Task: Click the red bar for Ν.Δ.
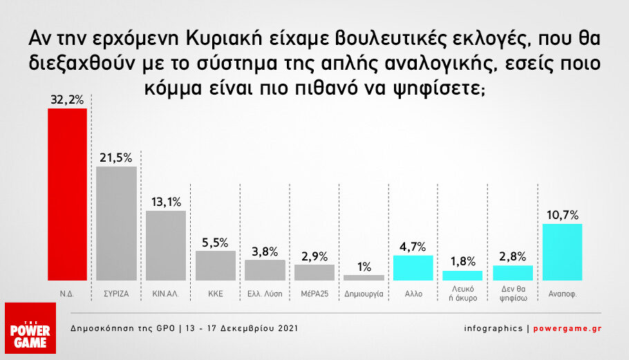pyautogui.click(x=68, y=194)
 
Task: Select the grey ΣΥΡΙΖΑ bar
pyautogui.click(x=116, y=223)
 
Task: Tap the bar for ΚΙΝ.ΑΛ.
pyautogui.click(x=166, y=246)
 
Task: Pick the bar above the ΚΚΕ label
pyautogui.click(x=216, y=266)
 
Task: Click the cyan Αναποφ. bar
pyautogui.click(x=562, y=252)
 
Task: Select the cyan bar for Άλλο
pyautogui.click(x=413, y=268)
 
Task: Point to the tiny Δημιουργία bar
pyautogui.click(x=364, y=278)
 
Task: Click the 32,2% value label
pyautogui.click(x=67, y=100)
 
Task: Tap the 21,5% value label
pyautogui.click(x=116, y=158)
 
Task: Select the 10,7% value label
pyautogui.click(x=563, y=216)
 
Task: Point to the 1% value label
pyautogui.click(x=364, y=267)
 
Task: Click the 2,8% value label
pyautogui.click(x=513, y=256)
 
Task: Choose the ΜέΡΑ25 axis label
pyautogui.click(x=314, y=294)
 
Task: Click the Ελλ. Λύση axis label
pyautogui.click(x=265, y=294)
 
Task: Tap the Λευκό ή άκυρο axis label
pyautogui.click(x=463, y=294)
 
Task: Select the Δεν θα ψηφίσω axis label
pyautogui.click(x=513, y=294)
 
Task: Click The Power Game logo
pyautogui.click(x=30, y=328)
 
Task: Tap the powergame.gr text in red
pyautogui.click(x=567, y=328)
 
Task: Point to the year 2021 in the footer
pyautogui.click(x=288, y=328)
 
